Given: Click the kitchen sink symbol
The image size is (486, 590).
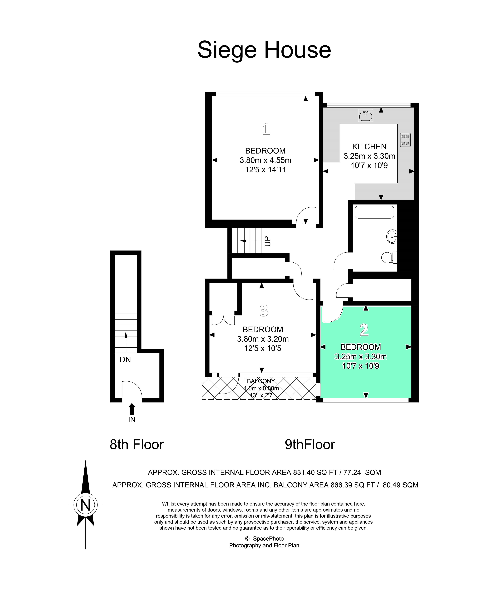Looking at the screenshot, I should pyautogui.click(x=365, y=116).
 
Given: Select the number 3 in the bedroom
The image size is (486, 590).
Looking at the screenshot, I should pyautogui.click(x=264, y=311).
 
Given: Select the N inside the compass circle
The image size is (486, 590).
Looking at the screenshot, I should pyautogui.click(x=85, y=505).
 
